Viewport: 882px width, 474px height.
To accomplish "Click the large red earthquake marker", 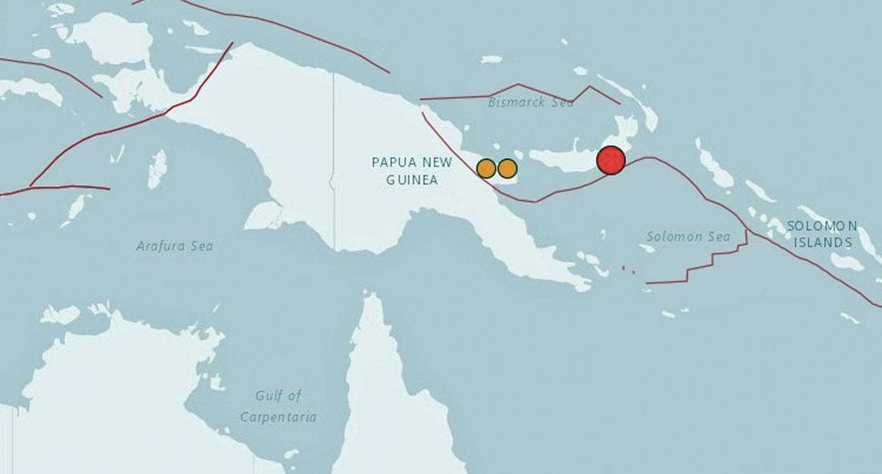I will [611, 160].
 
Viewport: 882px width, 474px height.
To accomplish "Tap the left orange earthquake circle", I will [486, 168].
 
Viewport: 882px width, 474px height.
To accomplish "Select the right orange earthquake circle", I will [507, 168].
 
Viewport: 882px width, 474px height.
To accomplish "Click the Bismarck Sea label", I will [531, 103].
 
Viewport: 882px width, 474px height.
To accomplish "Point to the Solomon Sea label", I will [689, 237].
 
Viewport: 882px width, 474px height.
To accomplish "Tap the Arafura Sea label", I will [175, 246].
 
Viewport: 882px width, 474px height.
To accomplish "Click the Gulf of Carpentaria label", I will [279, 406].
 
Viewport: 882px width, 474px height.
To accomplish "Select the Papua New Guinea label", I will [405, 170].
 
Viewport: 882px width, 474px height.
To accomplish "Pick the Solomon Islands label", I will [822, 234].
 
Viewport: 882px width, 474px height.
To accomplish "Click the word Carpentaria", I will [279, 417].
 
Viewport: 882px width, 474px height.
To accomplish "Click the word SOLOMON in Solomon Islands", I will [822, 226].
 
